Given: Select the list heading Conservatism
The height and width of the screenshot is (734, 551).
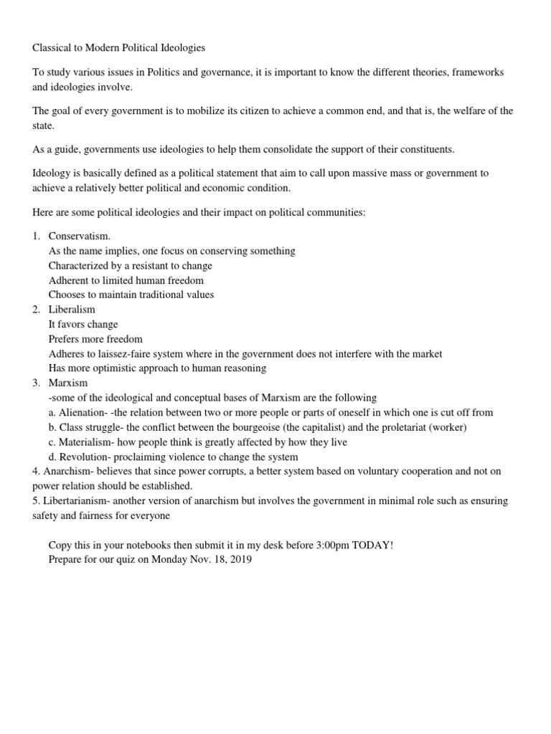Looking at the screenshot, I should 80,236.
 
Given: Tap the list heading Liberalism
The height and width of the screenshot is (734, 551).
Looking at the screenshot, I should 72,310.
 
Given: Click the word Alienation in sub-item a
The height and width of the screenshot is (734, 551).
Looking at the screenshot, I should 83,413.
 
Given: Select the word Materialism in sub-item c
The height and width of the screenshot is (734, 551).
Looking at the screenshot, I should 85,442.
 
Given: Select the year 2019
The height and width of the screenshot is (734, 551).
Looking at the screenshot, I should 240,560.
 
